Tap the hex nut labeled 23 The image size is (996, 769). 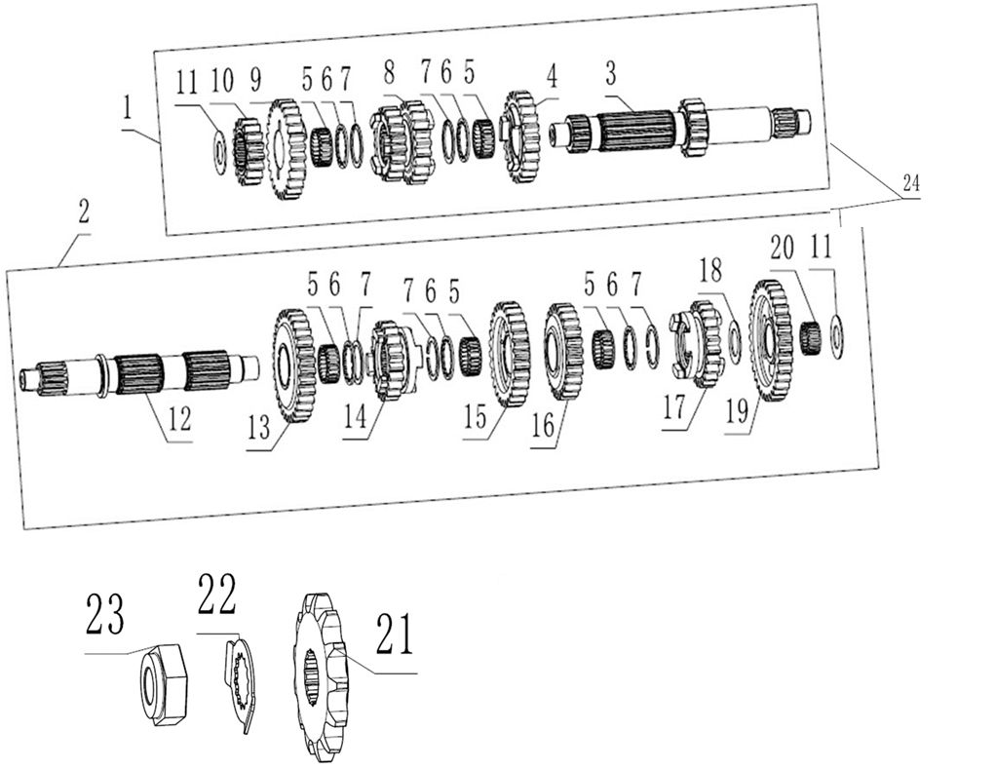tap(160, 685)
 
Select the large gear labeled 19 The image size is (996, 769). tap(770, 339)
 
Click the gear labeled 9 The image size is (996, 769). tap(285, 149)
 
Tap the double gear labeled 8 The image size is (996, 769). tap(402, 145)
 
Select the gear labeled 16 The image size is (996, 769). tap(562, 351)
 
